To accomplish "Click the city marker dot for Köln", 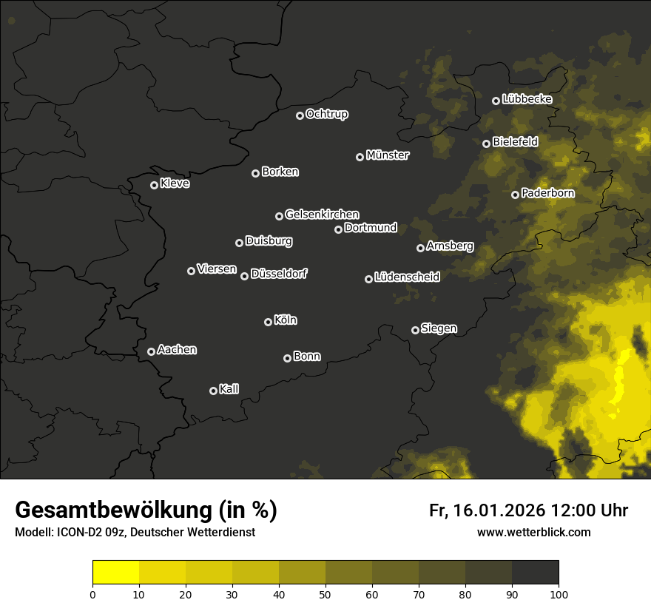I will point(268,322).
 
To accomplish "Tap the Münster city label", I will point(387,155).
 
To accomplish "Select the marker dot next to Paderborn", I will point(515,195).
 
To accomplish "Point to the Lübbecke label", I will point(527,99).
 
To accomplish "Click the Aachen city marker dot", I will point(151,351).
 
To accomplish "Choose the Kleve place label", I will point(175,183).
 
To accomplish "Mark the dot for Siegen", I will point(415,330).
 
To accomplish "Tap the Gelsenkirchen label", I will point(322,215).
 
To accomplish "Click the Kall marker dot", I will point(213,391).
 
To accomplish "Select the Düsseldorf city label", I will point(279,274).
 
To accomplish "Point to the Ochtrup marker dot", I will point(300,115).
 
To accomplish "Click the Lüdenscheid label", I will point(407,277).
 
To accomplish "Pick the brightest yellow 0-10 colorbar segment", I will point(116,572).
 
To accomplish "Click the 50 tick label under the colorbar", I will point(325,593).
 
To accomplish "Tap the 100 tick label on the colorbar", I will point(559,593).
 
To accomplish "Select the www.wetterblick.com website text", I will point(534,532).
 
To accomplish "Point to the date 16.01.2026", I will point(497,510).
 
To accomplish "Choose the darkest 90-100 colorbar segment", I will point(535,572).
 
